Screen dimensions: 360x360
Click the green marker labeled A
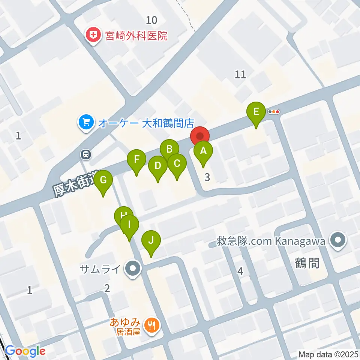tap(203, 152)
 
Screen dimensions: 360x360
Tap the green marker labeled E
tap(256, 112)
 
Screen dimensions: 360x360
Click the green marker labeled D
tap(158, 166)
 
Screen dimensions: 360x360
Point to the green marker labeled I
tap(129, 225)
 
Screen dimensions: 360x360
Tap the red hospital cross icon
tap(91, 36)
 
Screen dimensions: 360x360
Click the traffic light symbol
tap(274, 111)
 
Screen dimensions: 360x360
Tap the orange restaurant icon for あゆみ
tap(152, 325)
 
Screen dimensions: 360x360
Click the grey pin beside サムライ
tap(132, 269)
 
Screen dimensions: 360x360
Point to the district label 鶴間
tap(307, 263)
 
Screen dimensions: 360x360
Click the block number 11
tap(240, 74)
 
